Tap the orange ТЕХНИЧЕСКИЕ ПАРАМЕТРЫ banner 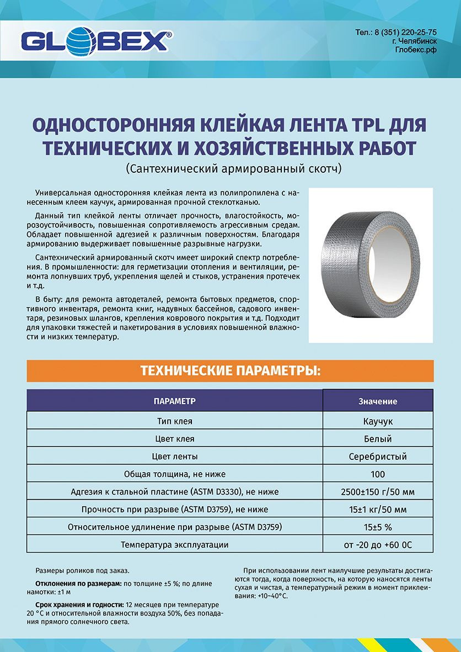click(230, 370)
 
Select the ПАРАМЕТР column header click(175, 401)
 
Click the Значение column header click(378, 401)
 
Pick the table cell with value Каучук click(378, 421)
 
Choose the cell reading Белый click(378, 439)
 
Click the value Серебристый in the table click(378, 457)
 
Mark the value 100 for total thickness click(378, 474)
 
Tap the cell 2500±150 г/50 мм click(378, 492)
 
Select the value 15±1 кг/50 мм click(378, 510)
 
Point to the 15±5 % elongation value click(378, 527)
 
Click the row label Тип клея click(175, 421)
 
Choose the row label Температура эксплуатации click(175, 545)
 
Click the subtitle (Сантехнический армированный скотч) click(230, 167)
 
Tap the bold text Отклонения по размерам click(78, 584)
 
